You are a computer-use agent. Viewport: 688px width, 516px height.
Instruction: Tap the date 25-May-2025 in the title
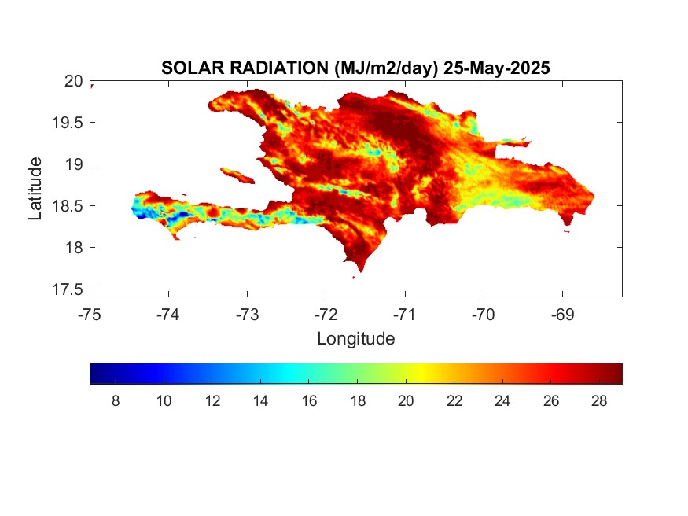(x=496, y=68)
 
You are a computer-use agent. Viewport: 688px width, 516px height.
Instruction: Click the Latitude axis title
(x=35, y=188)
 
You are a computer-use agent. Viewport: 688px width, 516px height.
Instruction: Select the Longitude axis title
(x=355, y=339)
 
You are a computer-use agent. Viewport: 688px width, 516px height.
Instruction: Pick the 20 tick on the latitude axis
(x=73, y=81)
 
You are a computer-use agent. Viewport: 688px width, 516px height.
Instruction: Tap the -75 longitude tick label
(x=90, y=315)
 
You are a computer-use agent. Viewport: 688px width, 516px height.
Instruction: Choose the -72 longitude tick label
(x=326, y=315)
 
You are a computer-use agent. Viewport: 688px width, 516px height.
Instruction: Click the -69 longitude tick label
(x=561, y=315)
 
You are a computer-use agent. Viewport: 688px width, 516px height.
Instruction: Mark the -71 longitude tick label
(x=404, y=315)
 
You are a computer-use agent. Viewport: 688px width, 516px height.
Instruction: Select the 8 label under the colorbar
(x=116, y=401)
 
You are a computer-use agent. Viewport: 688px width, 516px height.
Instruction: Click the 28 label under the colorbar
(x=598, y=401)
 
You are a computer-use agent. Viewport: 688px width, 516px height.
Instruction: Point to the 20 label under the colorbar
(x=406, y=401)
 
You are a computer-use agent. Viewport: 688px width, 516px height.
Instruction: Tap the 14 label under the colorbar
(x=260, y=401)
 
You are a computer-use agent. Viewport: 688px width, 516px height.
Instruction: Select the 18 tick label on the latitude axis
(x=73, y=248)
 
